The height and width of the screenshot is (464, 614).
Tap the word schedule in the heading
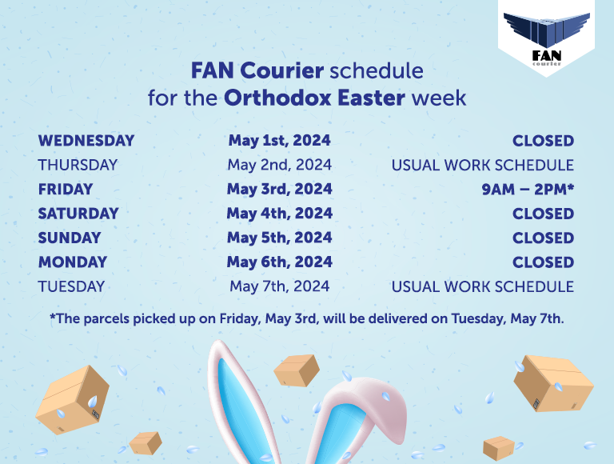click(377, 70)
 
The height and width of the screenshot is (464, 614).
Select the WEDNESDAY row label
click(86, 141)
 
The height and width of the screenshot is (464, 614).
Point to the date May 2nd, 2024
click(280, 165)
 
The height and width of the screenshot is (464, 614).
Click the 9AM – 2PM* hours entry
click(528, 190)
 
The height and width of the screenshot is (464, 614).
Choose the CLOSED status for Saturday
click(543, 214)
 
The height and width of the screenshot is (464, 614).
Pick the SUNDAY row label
click(70, 238)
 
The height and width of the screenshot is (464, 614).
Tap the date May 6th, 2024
click(280, 262)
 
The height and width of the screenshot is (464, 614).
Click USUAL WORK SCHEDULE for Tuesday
click(483, 286)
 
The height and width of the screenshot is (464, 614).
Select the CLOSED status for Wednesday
click(543, 141)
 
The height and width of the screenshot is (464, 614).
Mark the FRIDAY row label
click(66, 190)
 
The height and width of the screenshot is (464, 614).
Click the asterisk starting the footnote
click(53, 315)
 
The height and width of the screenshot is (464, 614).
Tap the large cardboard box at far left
click(73, 400)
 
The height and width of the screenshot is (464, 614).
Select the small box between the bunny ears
click(297, 370)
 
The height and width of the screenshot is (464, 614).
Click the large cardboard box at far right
click(553, 383)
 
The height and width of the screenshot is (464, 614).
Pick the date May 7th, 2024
click(280, 286)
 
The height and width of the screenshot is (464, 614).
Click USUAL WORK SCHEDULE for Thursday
click(483, 165)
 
